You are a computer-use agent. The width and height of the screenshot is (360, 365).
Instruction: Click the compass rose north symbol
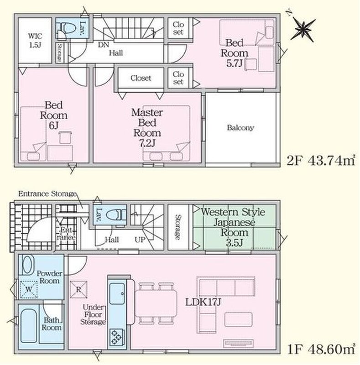[303, 28]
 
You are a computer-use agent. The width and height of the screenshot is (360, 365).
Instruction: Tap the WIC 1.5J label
[35, 40]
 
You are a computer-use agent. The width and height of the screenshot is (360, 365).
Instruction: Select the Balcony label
[240, 128]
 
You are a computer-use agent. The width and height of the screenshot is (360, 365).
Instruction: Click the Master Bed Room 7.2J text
[147, 128]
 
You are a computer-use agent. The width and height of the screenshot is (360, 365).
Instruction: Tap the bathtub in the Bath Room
[29, 326]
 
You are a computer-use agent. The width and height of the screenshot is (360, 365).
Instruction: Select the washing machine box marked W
[29, 290]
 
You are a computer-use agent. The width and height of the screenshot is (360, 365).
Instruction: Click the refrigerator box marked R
[78, 290]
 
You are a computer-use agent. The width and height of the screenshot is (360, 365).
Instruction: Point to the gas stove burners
[117, 337]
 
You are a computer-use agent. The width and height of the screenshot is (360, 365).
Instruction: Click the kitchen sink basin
[117, 293]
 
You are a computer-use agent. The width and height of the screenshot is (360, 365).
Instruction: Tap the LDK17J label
[203, 302]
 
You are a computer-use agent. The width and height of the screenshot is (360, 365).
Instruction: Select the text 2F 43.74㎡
[321, 161]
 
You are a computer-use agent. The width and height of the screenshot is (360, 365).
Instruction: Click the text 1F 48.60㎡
[321, 349]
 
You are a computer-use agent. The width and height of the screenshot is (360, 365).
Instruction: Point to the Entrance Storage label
[47, 193]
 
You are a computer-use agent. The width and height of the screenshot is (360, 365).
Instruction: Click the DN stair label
[103, 45]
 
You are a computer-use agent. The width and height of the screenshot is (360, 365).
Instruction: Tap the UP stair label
[140, 240]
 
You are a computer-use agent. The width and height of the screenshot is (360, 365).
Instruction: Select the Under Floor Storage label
[93, 314]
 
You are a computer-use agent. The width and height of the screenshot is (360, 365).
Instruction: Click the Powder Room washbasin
[27, 265]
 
